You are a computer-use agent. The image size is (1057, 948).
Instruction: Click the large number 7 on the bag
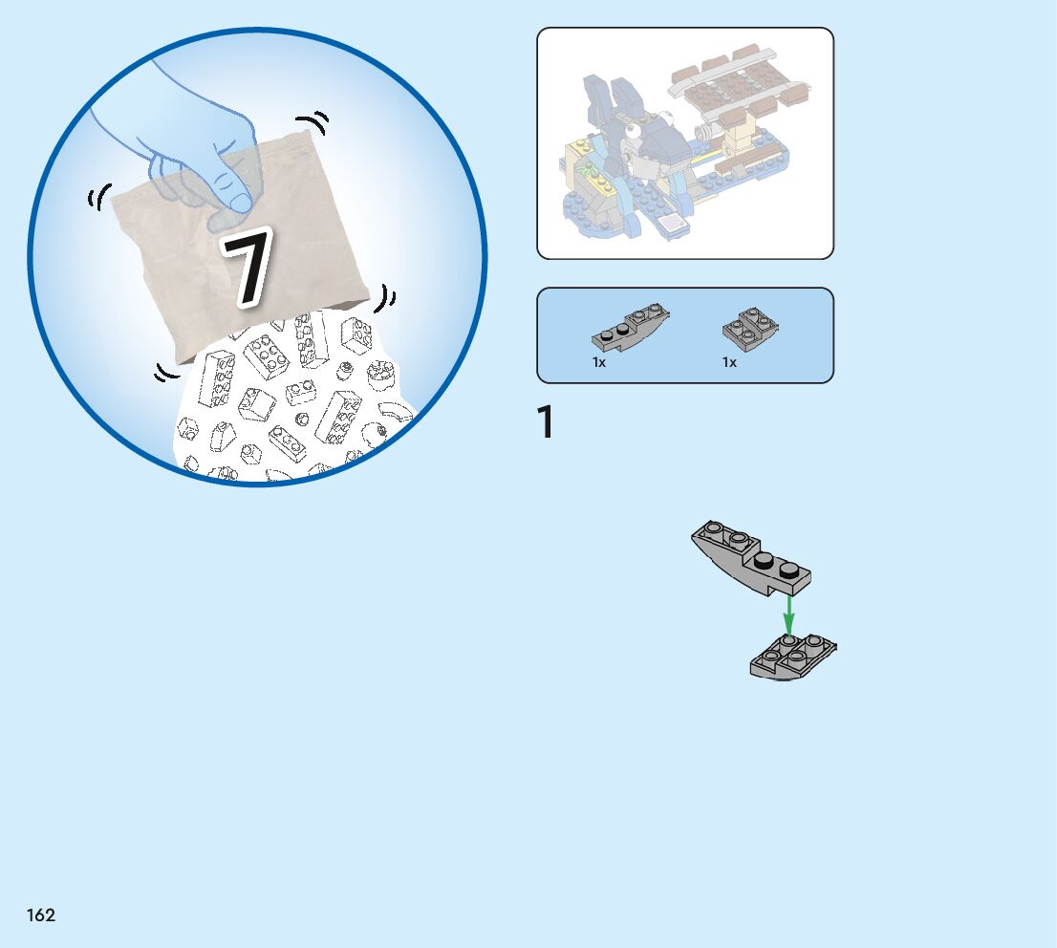(247, 267)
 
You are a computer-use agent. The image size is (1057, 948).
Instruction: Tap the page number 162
(40, 915)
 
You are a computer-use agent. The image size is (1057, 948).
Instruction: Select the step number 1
(546, 422)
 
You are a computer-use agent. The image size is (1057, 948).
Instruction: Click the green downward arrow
(788, 614)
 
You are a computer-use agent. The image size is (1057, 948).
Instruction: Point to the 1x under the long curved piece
(598, 363)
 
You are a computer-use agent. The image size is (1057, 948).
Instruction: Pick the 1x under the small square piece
(728, 363)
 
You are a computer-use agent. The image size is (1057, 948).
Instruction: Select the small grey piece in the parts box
(750, 326)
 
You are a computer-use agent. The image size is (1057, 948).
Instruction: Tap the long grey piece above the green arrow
(750, 557)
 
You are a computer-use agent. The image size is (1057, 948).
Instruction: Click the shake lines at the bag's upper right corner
(313, 122)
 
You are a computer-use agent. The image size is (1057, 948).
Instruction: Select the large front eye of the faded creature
(632, 130)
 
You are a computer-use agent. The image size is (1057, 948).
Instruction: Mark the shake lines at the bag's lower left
(166, 372)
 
